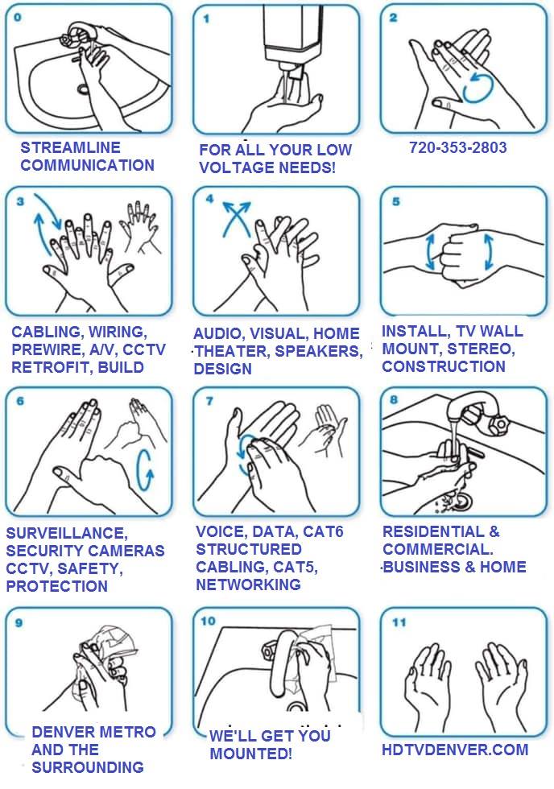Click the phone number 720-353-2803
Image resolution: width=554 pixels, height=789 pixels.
[457, 147]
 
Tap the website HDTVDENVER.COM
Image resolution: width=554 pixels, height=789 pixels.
[455, 750]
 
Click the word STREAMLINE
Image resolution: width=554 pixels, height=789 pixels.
[70, 147]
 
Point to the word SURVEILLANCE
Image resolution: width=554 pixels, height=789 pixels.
[67, 533]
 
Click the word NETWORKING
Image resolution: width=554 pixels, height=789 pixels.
[248, 585]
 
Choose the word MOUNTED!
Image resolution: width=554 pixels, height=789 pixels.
[250, 754]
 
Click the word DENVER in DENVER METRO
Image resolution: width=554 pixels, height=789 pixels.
[64, 732]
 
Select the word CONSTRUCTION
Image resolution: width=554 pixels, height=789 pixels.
[444, 366]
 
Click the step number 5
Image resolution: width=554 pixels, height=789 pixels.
[396, 202]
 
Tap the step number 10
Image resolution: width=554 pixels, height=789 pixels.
[208, 621]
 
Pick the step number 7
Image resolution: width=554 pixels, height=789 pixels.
[209, 401]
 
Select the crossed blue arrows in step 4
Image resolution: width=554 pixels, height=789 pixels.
[237, 219]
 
